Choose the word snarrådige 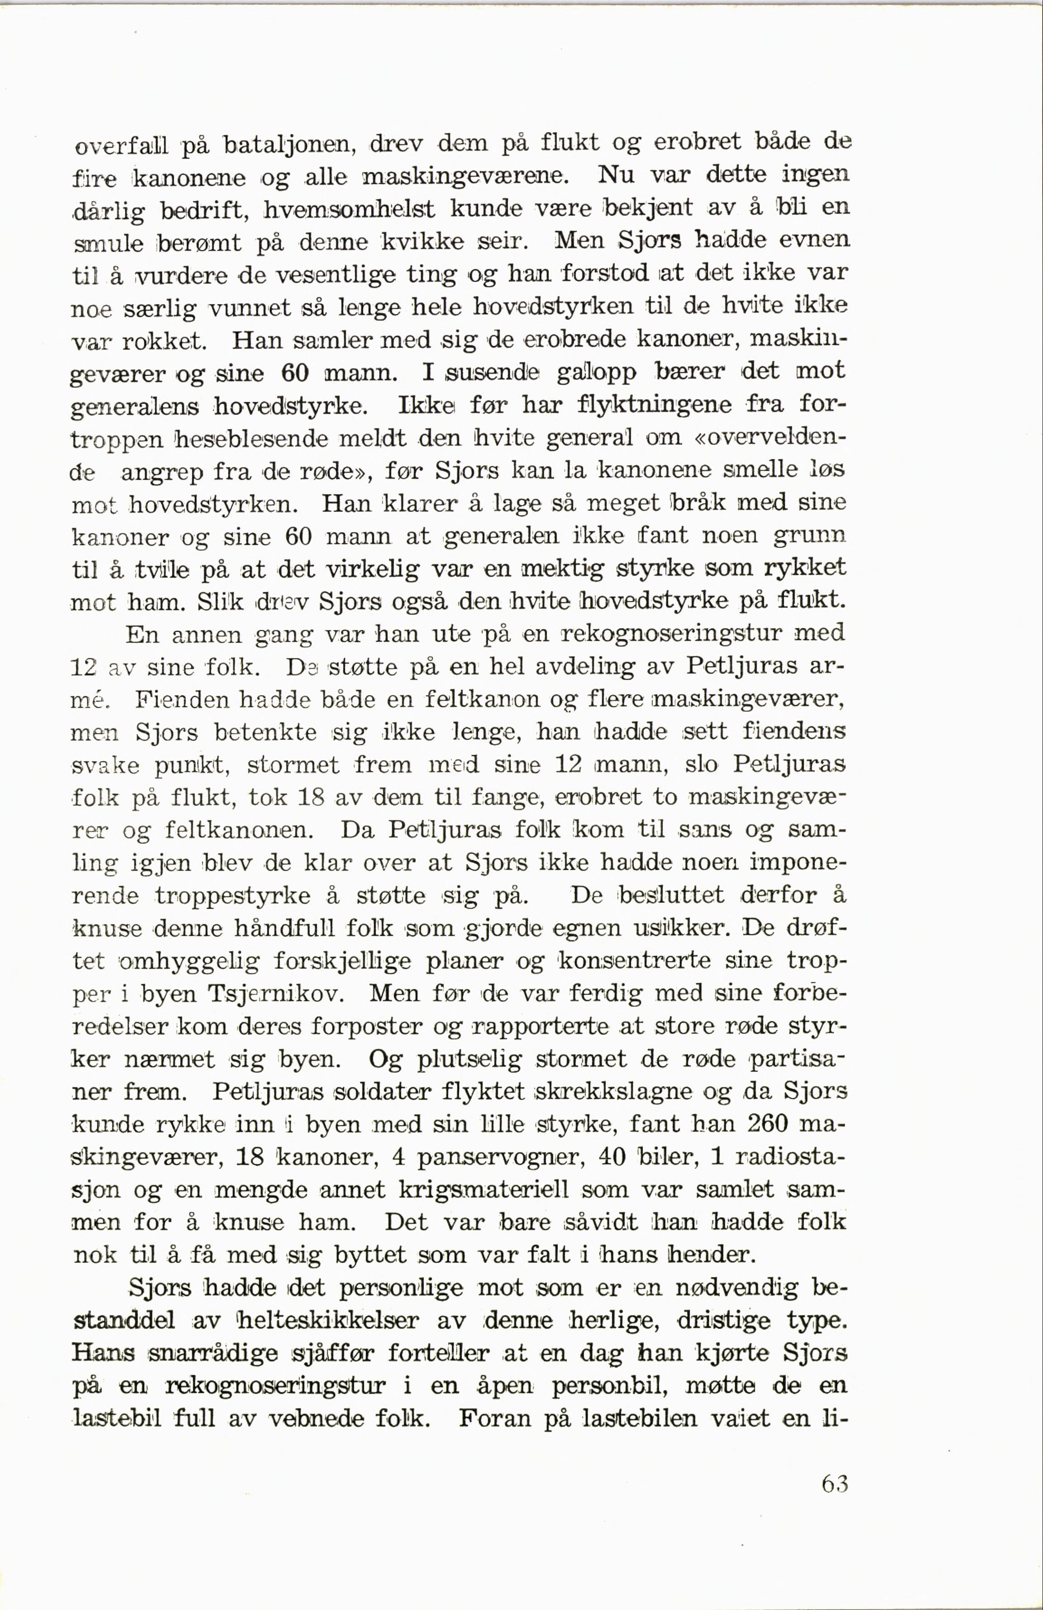coord(214,1352)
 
